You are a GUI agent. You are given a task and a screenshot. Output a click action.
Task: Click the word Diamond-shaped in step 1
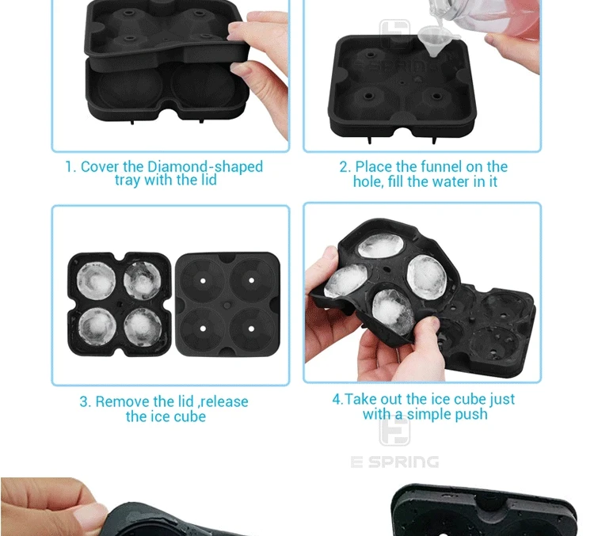[205, 167]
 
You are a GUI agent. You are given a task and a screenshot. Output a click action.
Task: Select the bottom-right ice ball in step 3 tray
[143, 326]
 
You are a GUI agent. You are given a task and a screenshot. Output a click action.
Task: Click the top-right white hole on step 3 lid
[251, 281]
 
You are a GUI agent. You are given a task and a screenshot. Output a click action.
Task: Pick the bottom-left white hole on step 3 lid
[203, 329]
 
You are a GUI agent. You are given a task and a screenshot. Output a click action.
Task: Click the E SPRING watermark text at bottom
[394, 462]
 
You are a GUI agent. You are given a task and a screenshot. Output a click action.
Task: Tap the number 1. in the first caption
[71, 167]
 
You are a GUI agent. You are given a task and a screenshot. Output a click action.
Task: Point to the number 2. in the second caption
[345, 167]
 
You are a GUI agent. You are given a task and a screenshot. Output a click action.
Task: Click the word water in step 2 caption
[451, 182]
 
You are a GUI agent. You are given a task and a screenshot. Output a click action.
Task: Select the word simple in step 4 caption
[428, 415]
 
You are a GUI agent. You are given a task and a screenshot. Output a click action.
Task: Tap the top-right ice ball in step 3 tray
[143, 280]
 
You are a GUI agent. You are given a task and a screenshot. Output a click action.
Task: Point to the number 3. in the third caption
[86, 402]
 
